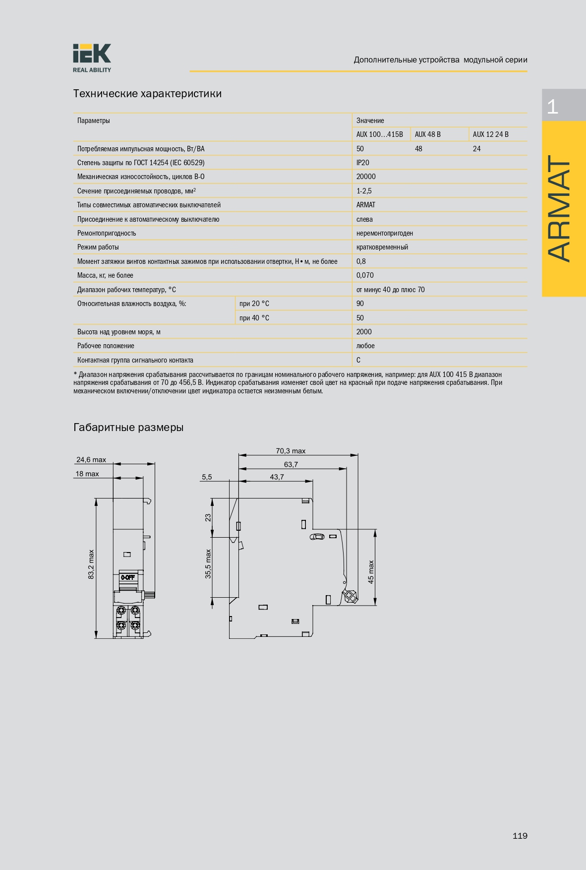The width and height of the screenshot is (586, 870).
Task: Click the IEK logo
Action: click(x=92, y=58)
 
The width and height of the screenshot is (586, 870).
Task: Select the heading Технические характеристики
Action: click(x=147, y=94)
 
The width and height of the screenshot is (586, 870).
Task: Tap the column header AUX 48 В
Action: click(x=427, y=134)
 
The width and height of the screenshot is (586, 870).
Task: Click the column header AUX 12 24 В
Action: click(x=490, y=134)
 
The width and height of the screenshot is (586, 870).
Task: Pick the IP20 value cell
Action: click(x=362, y=163)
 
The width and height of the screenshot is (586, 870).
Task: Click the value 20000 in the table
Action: click(x=366, y=177)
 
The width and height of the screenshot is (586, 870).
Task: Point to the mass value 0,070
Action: click(x=365, y=275)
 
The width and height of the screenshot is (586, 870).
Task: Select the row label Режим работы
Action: click(x=98, y=247)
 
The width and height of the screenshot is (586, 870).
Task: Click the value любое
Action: click(x=365, y=346)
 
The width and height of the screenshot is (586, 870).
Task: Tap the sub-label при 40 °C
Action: click(x=254, y=318)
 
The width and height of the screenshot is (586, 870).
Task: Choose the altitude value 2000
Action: click(x=364, y=332)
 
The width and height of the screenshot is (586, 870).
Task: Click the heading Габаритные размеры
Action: click(x=128, y=428)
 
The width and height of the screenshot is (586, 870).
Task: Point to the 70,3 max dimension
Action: click(x=291, y=451)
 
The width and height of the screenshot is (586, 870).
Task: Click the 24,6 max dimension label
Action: click(x=91, y=460)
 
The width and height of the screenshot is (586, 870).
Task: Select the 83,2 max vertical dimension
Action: click(x=91, y=564)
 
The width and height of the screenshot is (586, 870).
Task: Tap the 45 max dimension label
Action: click(x=371, y=572)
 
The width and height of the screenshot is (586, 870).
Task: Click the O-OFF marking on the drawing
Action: click(x=128, y=577)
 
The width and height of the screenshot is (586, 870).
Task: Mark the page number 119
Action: click(x=520, y=836)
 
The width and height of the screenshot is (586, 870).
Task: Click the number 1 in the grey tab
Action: click(x=552, y=106)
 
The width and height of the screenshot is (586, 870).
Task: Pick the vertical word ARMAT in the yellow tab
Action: click(x=560, y=208)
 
